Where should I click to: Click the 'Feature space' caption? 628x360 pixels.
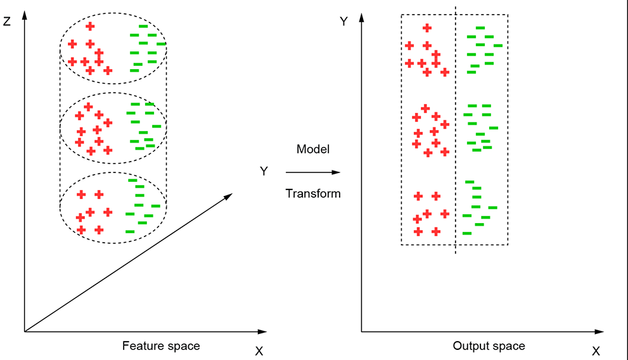click(160, 346)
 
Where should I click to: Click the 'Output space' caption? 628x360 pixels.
click(489, 346)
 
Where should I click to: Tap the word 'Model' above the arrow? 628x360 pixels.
click(313, 150)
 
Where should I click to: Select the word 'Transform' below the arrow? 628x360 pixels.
click(313, 193)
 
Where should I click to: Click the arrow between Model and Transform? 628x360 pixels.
click(313, 172)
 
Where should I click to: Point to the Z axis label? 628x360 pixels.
click(6, 21)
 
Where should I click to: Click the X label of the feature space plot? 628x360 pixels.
click(259, 351)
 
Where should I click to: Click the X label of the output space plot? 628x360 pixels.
click(596, 351)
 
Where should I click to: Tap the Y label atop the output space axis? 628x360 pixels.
click(343, 21)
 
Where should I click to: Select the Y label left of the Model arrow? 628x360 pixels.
click(264, 171)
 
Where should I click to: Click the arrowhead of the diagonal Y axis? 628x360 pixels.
click(229, 197)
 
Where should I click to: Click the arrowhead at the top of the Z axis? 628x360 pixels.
click(24, 14)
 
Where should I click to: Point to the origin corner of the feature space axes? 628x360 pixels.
click(24, 331)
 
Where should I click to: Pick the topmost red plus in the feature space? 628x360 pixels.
click(90, 26)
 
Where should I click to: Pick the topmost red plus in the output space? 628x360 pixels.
click(427, 27)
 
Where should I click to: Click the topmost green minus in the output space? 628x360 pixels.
click(480, 28)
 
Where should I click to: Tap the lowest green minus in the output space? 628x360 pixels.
click(467, 233)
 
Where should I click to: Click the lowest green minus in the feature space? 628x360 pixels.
click(130, 231)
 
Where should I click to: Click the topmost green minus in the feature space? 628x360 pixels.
click(143, 26)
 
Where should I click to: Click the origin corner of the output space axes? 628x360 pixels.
click(362, 331)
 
